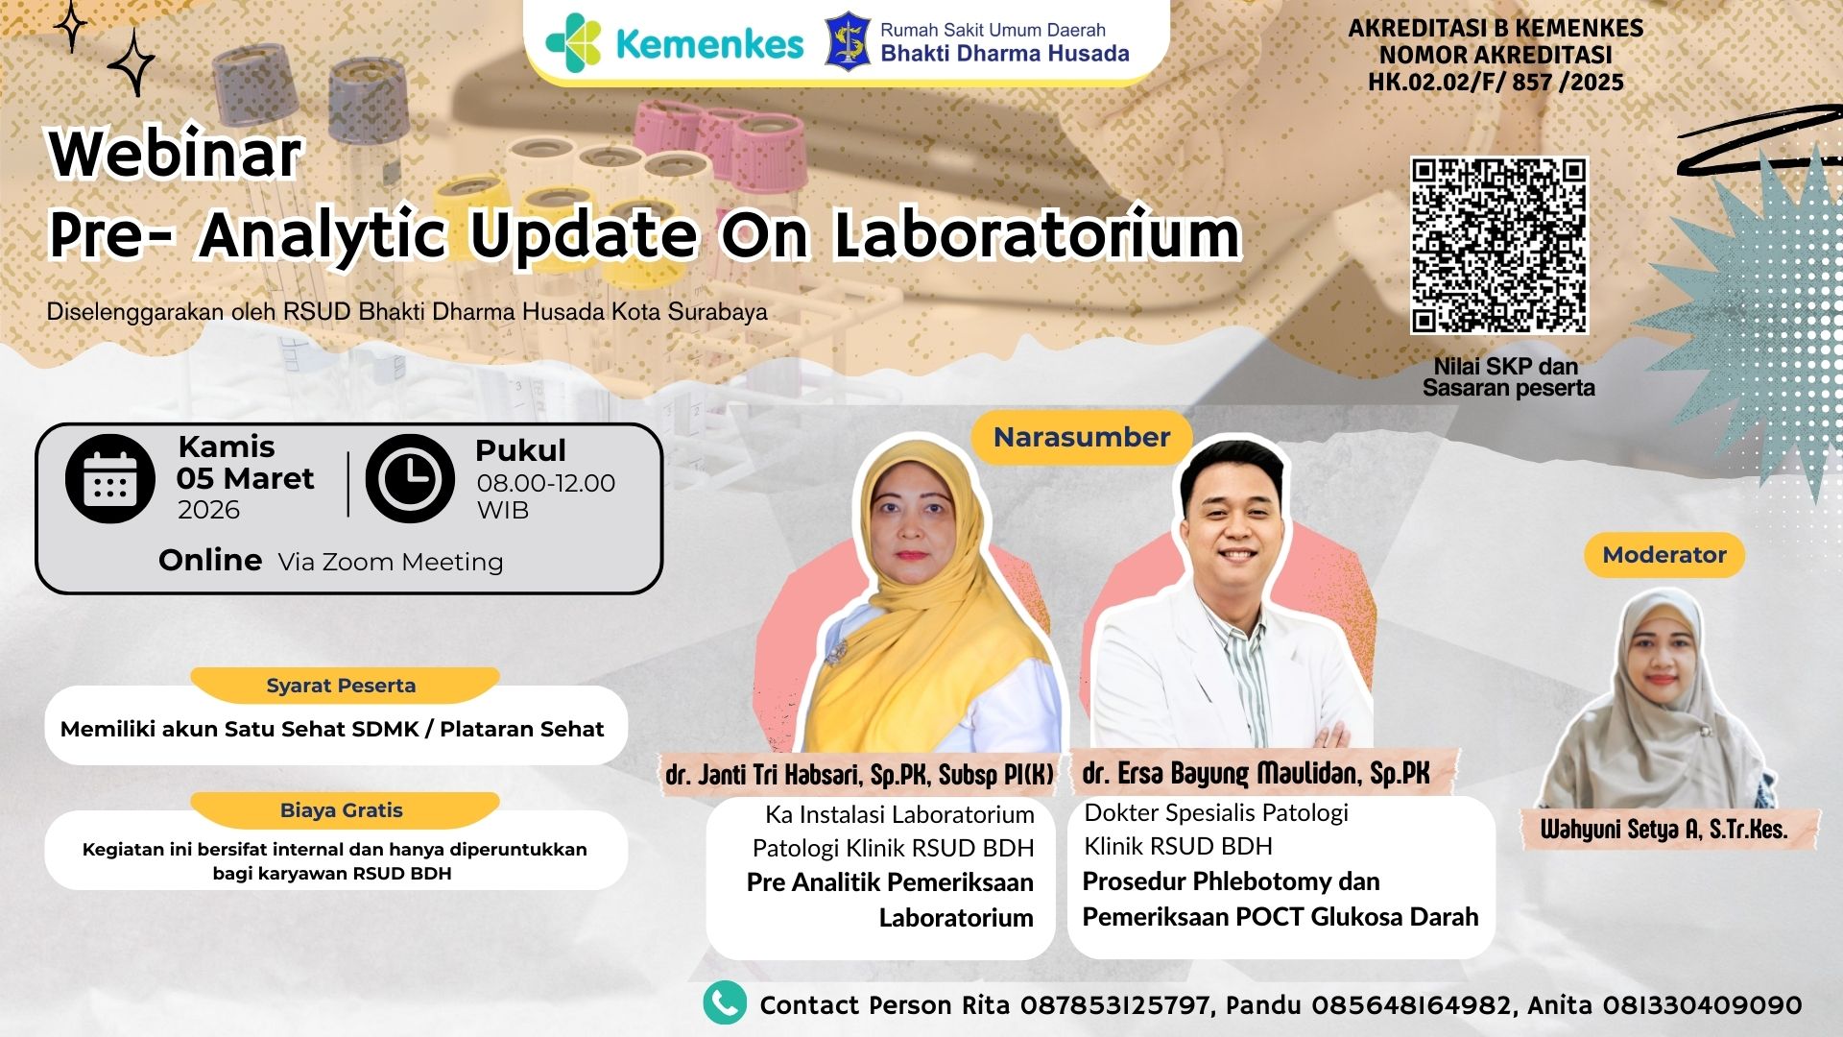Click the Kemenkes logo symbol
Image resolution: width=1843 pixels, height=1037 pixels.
[573, 43]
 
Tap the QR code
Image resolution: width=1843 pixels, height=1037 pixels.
[1498, 246]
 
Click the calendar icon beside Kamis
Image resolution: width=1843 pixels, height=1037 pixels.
[110, 478]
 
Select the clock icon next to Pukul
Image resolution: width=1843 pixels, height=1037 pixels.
[410, 478]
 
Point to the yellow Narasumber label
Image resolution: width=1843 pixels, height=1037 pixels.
[1082, 438]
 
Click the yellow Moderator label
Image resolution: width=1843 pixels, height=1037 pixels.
[1663, 555]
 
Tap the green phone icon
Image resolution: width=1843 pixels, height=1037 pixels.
[725, 1002]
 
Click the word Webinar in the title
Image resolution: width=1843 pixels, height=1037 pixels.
[176, 154]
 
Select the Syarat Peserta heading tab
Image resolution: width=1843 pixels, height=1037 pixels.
[342, 686]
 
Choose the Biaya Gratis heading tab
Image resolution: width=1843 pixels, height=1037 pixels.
[342, 810]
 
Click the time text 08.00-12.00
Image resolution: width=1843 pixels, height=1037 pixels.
[546, 483]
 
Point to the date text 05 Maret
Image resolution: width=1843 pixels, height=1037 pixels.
[246, 478]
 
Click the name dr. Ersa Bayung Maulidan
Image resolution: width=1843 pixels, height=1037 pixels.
[1256, 774]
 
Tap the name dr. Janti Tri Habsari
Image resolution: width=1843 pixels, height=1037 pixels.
[860, 775]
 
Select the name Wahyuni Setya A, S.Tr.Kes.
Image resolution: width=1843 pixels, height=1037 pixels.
[1663, 830]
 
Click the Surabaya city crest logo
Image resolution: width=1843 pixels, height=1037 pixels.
[848, 42]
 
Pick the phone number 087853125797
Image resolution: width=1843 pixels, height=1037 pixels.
[1114, 1005]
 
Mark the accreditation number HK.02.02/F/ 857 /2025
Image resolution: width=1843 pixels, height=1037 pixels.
[1496, 83]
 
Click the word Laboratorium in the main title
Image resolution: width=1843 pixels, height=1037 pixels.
[1037, 235]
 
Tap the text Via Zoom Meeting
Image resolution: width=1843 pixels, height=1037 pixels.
[391, 562]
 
